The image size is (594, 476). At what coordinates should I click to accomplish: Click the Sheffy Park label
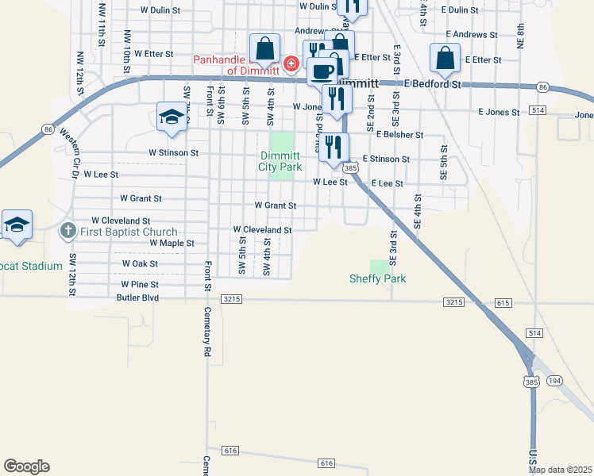(378, 278)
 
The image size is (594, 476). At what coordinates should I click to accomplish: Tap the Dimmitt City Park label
(280, 161)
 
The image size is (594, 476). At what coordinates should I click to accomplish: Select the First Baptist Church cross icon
(67, 231)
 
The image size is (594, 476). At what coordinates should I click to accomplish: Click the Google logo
(26, 466)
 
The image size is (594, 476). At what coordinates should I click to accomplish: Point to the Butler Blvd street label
(137, 298)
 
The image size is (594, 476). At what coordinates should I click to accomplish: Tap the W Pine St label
(140, 284)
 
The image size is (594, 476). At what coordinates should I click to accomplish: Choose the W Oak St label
(140, 263)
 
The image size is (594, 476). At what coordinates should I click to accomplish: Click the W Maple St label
(172, 243)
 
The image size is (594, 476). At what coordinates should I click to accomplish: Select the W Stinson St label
(173, 152)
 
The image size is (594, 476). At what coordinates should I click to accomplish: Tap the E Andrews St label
(471, 35)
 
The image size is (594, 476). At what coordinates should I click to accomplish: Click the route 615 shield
(502, 303)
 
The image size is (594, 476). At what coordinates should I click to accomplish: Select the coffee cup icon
(322, 71)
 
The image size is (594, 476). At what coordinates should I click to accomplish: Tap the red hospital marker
(291, 63)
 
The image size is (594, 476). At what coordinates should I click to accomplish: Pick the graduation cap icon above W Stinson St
(172, 117)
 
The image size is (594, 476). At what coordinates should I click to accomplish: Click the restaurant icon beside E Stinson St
(334, 147)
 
